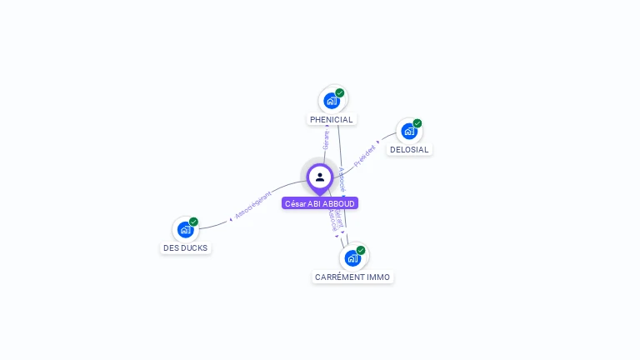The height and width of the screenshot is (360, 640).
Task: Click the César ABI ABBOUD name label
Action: pyautogui.click(x=320, y=203)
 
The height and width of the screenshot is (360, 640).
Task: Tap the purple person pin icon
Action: pyautogui.click(x=320, y=177)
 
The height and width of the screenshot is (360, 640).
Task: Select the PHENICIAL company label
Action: pyautogui.click(x=332, y=119)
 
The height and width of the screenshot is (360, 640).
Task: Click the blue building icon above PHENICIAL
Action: pyautogui.click(x=332, y=101)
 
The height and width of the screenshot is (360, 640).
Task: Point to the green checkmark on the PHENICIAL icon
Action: pyautogui.click(x=340, y=93)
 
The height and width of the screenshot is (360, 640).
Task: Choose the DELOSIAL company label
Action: pyautogui.click(x=409, y=150)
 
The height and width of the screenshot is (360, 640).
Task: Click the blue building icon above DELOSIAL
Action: pyautogui.click(x=408, y=131)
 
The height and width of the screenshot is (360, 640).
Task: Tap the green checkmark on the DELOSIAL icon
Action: pyautogui.click(x=417, y=123)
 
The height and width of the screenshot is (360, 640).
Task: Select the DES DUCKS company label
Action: pyautogui.click(x=186, y=247)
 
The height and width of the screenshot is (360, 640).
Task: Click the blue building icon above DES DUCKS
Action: pyautogui.click(x=185, y=229)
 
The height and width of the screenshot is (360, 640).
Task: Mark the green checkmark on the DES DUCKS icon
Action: pyautogui.click(x=193, y=222)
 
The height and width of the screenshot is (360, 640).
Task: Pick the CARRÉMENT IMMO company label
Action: pyautogui.click(x=352, y=277)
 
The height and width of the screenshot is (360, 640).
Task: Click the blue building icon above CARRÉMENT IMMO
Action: pyautogui.click(x=352, y=257)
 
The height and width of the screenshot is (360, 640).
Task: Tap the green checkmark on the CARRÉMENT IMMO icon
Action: pyautogui.click(x=361, y=250)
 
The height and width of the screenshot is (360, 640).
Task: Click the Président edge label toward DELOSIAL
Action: pyautogui.click(x=365, y=156)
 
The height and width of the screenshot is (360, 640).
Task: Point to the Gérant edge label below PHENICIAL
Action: pyautogui.click(x=326, y=140)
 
